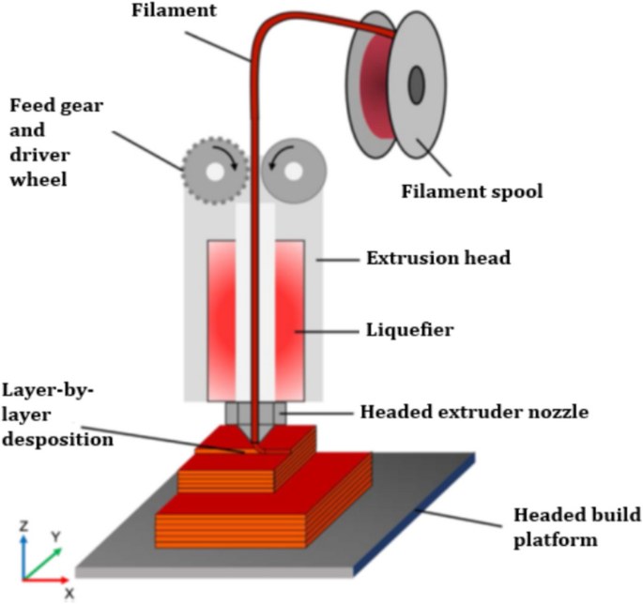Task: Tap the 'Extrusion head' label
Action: point(437,257)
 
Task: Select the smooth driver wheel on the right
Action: point(295,171)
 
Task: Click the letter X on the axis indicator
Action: point(69,593)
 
